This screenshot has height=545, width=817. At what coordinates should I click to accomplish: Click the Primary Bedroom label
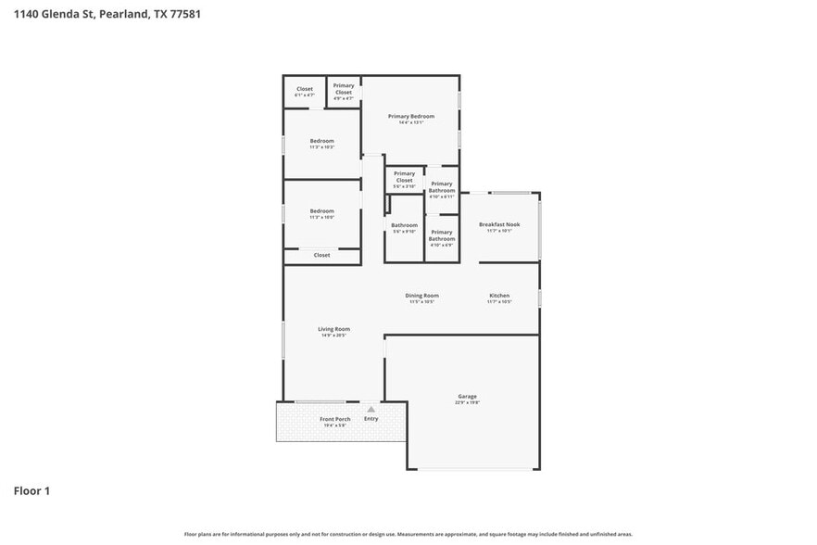click(x=410, y=116)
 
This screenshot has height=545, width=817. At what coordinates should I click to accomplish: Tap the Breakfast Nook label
click(x=499, y=224)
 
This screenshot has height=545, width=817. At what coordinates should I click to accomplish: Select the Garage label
click(x=467, y=396)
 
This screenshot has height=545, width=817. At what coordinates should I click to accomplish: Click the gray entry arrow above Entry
click(x=371, y=408)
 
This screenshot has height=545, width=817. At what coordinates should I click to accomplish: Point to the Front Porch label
click(x=333, y=419)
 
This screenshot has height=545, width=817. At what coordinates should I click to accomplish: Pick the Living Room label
click(x=333, y=328)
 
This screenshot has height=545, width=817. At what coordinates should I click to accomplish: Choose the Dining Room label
click(x=421, y=296)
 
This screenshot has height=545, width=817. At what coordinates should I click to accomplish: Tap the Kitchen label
click(x=499, y=296)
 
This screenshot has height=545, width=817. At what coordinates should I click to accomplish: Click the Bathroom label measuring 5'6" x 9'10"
click(x=404, y=225)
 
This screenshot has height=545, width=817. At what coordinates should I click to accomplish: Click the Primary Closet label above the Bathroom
click(x=404, y=176)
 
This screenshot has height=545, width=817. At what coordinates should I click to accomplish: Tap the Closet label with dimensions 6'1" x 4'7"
click(x=305, y=89)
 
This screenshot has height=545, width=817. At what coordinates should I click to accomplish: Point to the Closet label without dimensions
click(x=321, y=255)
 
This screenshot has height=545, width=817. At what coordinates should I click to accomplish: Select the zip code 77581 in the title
click(x=185, y=14)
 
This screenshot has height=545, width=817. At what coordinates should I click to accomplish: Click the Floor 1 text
click(x=31, y=490)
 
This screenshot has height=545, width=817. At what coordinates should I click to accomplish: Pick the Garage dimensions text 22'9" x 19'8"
click(x=467, y=402)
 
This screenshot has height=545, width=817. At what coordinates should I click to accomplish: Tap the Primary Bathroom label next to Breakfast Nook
click(x=442, y=186)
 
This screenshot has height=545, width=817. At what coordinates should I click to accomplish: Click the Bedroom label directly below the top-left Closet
click(x=321, y=141)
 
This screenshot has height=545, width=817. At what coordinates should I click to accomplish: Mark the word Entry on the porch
click(x=371, y=419)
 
